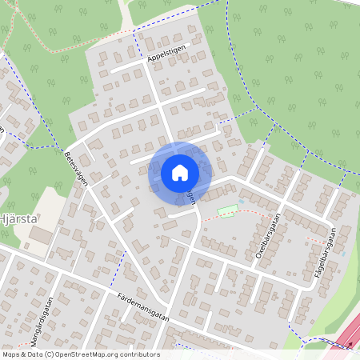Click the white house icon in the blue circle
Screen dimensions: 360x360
pyautogui.click(x=180, y=172)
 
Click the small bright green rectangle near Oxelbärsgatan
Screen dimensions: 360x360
pyautogui.click(x=228, y=210)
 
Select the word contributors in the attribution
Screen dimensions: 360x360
pyautogui.click(x=137, y=354)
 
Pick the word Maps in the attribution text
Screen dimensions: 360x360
pyautogui.click(x=11, y=354)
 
